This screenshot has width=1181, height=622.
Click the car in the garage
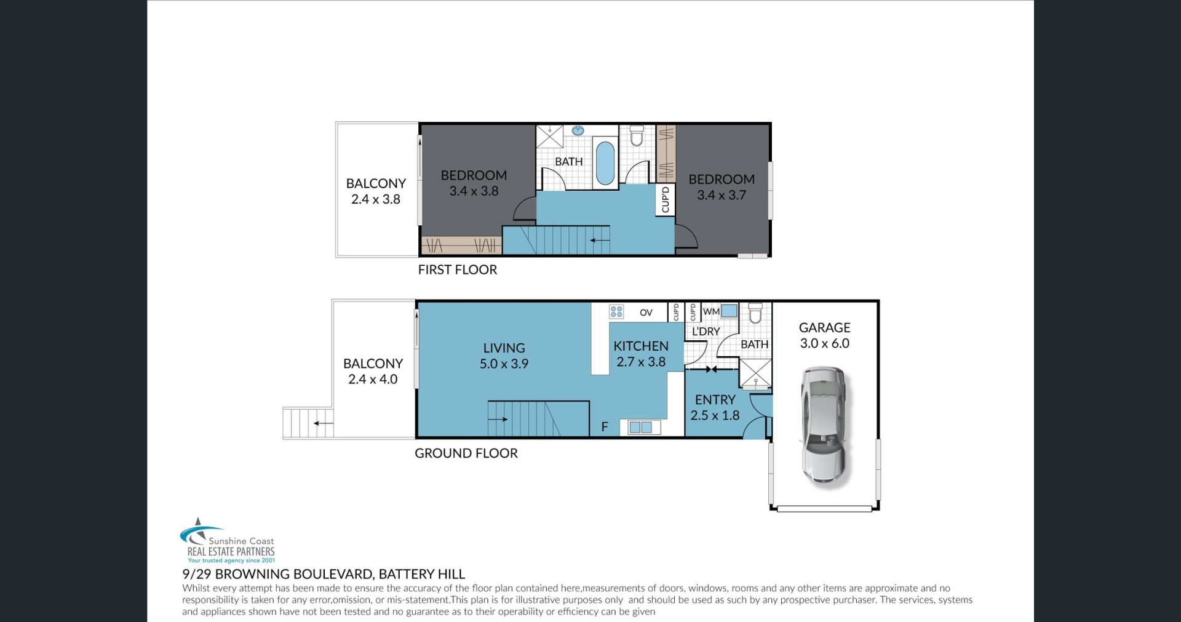click(823, 426)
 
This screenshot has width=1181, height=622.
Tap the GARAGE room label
click(824, 328)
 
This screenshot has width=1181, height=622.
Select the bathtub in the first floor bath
click(605, 163)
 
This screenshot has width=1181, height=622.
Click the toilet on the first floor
click(637, 136)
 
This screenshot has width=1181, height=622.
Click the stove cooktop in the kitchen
click(616, 312)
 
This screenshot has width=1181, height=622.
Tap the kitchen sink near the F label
click(640, 427)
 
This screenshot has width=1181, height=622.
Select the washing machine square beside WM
click(730, 311)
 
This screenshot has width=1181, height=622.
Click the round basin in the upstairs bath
click(578, 130)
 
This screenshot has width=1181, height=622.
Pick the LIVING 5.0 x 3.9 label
click(504, 356)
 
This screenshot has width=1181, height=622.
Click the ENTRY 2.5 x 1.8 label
click(715, 407)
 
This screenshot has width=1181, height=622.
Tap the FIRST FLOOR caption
click(457, 269)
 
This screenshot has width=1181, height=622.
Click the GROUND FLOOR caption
click(466, 453)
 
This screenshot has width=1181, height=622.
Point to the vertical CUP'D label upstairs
click(665, 200)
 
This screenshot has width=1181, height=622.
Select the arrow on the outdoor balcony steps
click(324, 423)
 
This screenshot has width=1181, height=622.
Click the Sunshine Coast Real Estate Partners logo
click(227, 541)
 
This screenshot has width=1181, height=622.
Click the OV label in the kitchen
click(646, 313)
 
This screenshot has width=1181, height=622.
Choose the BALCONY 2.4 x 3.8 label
click(376, 191)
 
